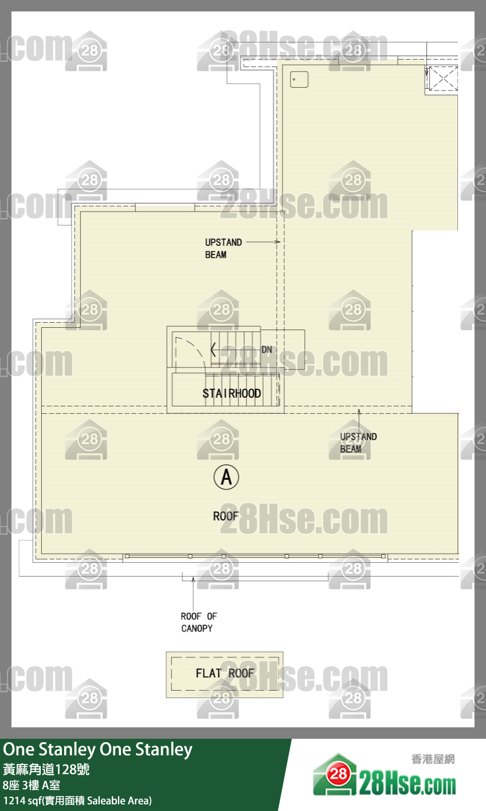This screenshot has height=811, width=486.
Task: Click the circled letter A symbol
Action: coord(226,477)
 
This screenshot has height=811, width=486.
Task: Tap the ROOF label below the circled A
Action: coord(226,516)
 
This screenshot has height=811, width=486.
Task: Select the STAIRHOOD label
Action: coord(232,394)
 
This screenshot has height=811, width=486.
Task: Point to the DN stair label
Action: coord(266,350)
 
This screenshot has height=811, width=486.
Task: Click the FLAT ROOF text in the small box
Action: coord(225,673)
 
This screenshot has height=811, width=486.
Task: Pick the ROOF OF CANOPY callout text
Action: coord(198,622)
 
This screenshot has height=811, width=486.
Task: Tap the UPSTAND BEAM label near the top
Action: coord(223,248)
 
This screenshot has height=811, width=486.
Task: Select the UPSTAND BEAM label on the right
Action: coord(358,443)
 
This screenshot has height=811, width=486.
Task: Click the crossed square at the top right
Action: coord(443,78)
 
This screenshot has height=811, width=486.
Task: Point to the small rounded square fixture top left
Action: coord(299,79)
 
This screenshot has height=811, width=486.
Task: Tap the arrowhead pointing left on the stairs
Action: coord(214,350)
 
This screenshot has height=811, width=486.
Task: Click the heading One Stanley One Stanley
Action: coord(98,750)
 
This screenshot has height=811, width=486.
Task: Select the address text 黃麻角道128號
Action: coord(46,769)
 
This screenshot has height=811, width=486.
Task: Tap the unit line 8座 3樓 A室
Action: coord(32,785)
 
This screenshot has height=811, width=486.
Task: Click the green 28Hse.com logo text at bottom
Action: coord(407,785)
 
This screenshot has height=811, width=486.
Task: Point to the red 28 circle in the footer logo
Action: coord(338,774)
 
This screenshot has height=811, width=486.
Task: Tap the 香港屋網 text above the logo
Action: coord(433,759)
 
